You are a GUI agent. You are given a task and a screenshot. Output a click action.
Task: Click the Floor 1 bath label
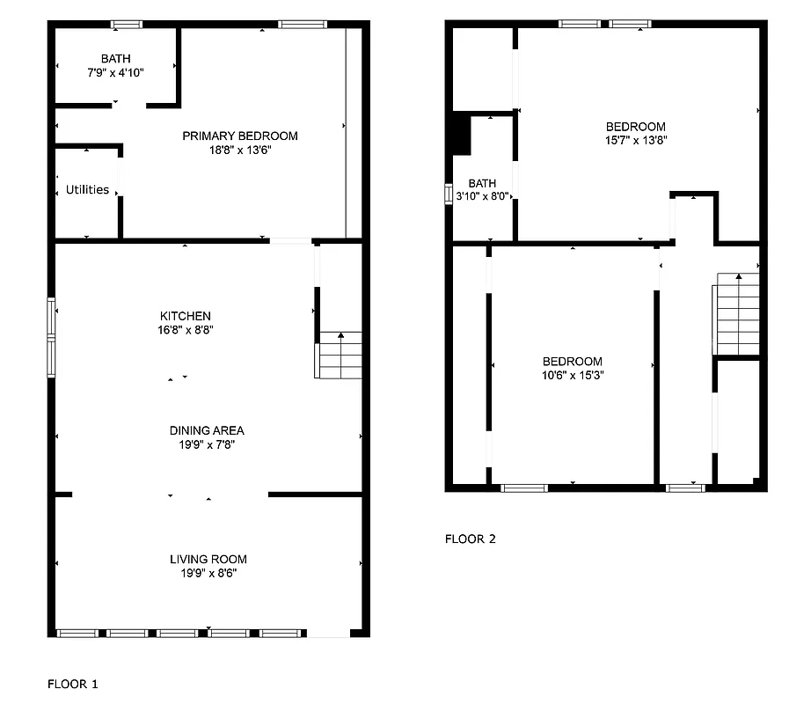115,58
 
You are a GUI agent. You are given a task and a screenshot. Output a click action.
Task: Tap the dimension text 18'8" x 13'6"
239,150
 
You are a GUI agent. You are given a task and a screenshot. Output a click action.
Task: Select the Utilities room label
87,189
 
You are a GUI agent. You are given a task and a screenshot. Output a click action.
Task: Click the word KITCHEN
185,316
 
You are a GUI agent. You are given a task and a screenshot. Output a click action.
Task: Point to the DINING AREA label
207,430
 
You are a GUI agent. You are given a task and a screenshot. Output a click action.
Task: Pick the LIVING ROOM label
208,559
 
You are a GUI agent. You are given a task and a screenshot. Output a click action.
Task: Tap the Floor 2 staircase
736,314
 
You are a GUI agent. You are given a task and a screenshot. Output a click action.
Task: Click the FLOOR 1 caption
73,682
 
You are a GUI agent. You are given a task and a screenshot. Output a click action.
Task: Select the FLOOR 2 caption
470,539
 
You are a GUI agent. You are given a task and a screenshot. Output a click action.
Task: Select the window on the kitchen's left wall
52,337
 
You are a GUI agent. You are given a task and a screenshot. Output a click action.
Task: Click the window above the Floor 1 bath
126,25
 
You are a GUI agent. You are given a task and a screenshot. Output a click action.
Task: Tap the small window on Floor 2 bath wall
449,193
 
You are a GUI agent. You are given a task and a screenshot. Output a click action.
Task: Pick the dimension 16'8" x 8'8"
185,330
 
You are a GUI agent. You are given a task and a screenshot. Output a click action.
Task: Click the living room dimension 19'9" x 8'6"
208,573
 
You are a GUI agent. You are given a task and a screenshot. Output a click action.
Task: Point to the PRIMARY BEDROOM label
239,136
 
